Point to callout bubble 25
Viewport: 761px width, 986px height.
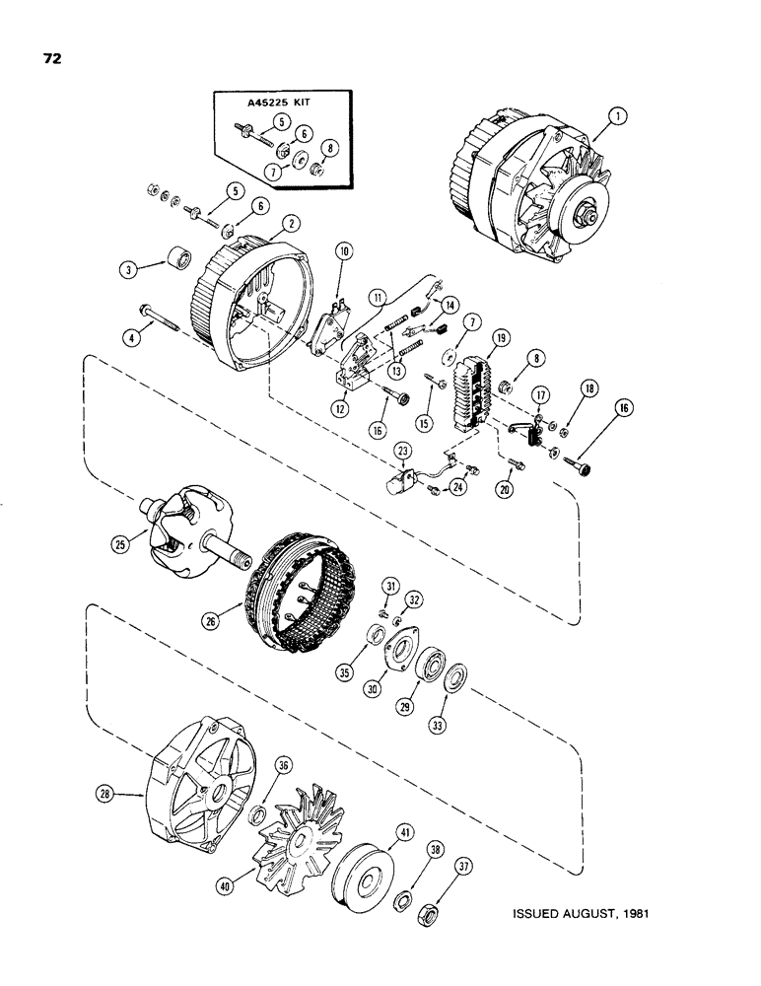pyautogui.click(x=121, y=541)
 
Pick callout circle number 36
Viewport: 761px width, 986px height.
pyautogui.click(x=283, y=763)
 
